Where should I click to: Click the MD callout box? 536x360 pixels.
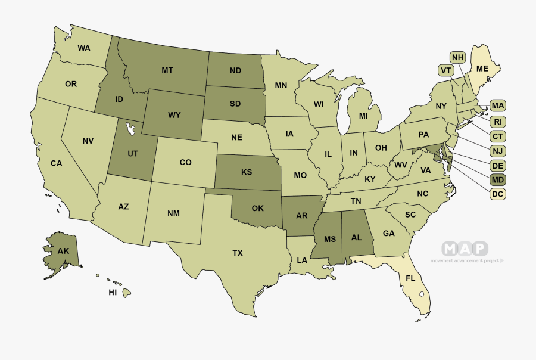click(x=498, y=179)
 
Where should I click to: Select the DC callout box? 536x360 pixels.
click(x=498, y=194)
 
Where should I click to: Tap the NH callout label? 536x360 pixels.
click(x=457, y=58)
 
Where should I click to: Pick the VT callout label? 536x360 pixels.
click(x=445, y=70)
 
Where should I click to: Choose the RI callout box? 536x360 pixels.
click(x=498, y=122)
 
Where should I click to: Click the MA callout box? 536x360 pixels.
click(x=498, y=106)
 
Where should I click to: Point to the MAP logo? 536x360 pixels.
click(x=465, y=249)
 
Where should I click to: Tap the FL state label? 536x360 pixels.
click(x=410, y=278)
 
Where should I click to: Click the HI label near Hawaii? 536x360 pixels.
click(x=113, y=293)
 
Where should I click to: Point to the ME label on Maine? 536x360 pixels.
click(x=482, y=69)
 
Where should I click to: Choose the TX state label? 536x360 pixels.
click(x=237, y=253)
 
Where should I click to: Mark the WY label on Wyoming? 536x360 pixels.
click(x=174, y=114)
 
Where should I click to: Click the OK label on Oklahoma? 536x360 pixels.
click(x=257, y=209)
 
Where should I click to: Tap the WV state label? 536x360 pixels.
click(x=400, y=165)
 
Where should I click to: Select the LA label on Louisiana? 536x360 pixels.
click(x=302, y=260)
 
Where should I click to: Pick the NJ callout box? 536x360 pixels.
click(x=498, y=151)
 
